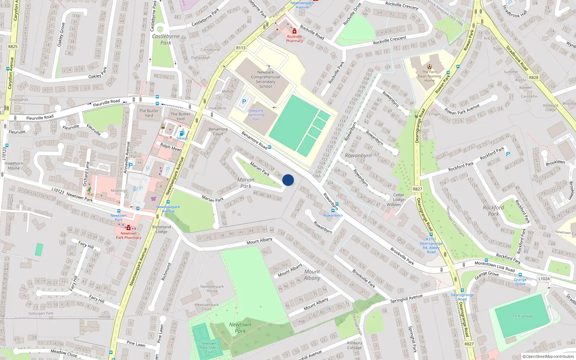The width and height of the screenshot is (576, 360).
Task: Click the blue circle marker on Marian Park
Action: tap(288, 180)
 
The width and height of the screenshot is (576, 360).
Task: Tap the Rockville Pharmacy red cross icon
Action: tap(294, 31)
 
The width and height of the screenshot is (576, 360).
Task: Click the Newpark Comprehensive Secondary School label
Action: tap(265, 79)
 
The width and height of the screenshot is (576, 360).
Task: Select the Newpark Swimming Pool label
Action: tap(256, 115)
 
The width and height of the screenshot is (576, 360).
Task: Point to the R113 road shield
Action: tap(241, 48)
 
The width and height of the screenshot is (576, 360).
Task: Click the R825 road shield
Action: tap(13, 46)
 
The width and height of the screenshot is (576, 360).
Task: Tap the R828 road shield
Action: tap(534, 77)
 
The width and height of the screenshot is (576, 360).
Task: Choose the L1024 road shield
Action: tap(544, 279)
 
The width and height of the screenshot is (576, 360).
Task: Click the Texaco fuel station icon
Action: tap(182, 133)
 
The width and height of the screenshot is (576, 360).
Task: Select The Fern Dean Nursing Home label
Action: tap(429, 76)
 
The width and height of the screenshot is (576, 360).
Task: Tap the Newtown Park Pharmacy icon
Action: tap(129, 228)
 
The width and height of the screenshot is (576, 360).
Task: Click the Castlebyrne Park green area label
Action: tap(166, 39)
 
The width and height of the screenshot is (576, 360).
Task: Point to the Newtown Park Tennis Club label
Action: tap(209, 348)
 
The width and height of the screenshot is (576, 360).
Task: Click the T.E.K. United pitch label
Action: tap(522, 316)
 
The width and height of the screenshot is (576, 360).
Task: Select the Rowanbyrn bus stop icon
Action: tap(333, 211)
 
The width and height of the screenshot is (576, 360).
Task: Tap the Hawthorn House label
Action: tap(14, 166)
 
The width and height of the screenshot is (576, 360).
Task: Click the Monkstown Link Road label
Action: tap(494, 266)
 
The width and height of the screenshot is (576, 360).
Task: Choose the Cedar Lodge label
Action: tap(399, 197)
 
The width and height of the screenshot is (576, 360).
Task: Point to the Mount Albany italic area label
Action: tap(312, 275)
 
